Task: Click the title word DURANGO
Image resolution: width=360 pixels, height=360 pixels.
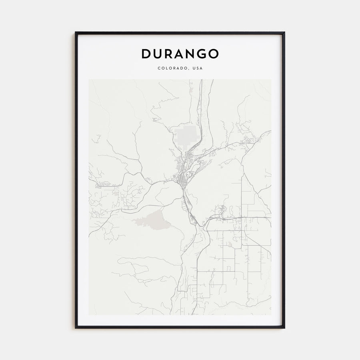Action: click(180, 54)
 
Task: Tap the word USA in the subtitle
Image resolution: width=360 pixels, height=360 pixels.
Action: click(197, 68)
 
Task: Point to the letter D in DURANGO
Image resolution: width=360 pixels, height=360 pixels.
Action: click(146, 54)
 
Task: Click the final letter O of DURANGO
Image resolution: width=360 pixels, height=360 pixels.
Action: click(214, 54)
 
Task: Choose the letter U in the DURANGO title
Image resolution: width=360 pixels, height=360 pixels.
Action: click(157, 54)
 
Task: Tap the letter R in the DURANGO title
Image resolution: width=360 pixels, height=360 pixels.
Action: click(168, 54)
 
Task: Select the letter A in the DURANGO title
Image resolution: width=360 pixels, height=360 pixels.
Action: click(179, 54)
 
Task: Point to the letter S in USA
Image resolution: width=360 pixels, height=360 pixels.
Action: click(197, 68)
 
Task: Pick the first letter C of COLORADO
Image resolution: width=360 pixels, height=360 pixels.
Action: click(159, 68)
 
